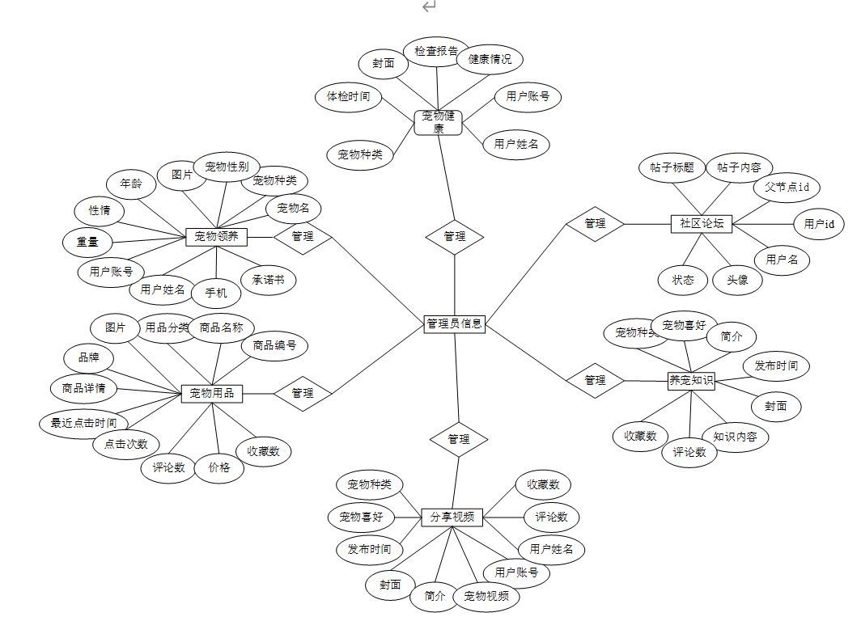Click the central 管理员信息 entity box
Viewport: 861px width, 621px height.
[x=454, y=323]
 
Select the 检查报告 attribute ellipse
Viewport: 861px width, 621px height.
[x=437, y=50]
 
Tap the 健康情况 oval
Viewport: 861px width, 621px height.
[x=490, y=59]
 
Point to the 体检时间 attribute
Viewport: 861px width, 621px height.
[x=348, y=97]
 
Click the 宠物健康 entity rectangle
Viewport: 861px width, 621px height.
[x=438, y=122]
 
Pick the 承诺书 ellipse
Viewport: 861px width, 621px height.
[x=268, y=280]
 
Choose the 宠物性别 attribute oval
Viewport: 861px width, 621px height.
[x=227, y=167]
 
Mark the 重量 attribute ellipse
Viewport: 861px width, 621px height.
[x=88, y=241]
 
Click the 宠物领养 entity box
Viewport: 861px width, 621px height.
[x=216, y=236]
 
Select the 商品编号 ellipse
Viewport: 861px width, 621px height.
[x=274, y=346]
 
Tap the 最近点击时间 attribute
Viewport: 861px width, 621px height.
[x=83, y=423]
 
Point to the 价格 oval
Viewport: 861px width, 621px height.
[x=219, y=467]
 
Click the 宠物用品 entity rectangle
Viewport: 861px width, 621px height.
[x=212, y=393]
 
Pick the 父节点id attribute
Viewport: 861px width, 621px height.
[x=787, y=187]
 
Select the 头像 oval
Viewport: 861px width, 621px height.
[x=737, y=280]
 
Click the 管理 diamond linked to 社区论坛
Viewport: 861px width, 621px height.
[x=595, y=223]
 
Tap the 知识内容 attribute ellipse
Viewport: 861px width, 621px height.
[x=735, y=437]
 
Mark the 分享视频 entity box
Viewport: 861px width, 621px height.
[x=452, y=517]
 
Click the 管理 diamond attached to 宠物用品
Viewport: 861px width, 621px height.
[x=303, y=393]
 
